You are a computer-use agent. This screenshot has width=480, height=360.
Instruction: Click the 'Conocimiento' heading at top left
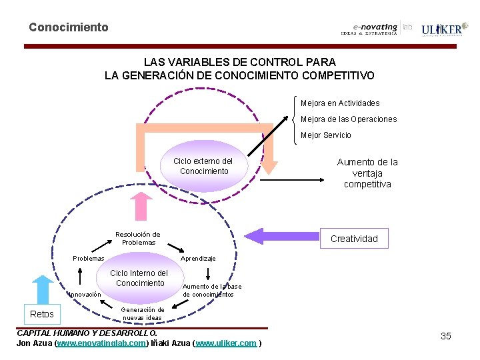coord(68,27)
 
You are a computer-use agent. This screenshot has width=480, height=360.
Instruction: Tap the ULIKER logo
coord(441,29)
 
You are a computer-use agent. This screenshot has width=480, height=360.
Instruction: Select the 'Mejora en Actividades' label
coord(340,103)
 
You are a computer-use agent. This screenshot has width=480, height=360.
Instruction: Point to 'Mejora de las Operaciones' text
coord(349,119)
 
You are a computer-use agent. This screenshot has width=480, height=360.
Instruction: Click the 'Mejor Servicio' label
coord(326,135)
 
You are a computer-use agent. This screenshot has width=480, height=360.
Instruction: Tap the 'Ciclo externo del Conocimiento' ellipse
coord(203,167)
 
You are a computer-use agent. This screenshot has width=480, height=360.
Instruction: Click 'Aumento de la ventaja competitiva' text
coord(367,173)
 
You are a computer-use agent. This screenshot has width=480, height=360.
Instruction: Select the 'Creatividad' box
coord(354,239)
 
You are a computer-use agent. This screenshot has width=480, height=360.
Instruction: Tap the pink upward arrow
coord(141,206)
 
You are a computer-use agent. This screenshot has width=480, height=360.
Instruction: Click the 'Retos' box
coord(42,314)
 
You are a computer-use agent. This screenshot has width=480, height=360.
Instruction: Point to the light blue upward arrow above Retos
coord(42,289)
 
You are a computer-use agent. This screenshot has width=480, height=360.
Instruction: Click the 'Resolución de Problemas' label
coord(137,238)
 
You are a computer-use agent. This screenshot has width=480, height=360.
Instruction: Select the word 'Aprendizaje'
coord(198,258)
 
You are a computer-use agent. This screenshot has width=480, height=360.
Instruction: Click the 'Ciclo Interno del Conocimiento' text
coord(139,278)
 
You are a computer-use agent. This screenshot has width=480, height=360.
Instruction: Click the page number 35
coord(445,336)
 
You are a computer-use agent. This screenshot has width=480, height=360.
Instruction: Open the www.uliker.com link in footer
coord(226,343)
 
